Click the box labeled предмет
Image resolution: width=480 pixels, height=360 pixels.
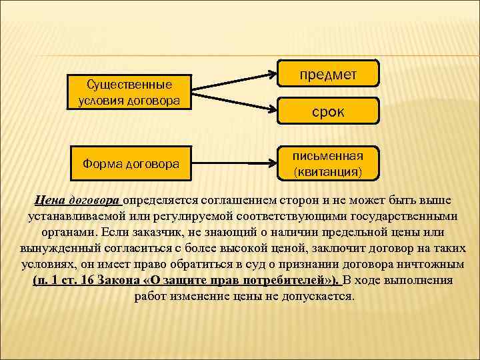328,74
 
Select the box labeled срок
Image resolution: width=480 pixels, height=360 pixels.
328,111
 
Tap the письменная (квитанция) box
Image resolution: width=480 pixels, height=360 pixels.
328,164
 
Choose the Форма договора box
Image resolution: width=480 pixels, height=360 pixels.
129,163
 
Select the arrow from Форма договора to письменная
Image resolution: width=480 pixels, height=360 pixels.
233,163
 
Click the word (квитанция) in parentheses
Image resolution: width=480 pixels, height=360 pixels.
328,172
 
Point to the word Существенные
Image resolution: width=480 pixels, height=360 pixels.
129,85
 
